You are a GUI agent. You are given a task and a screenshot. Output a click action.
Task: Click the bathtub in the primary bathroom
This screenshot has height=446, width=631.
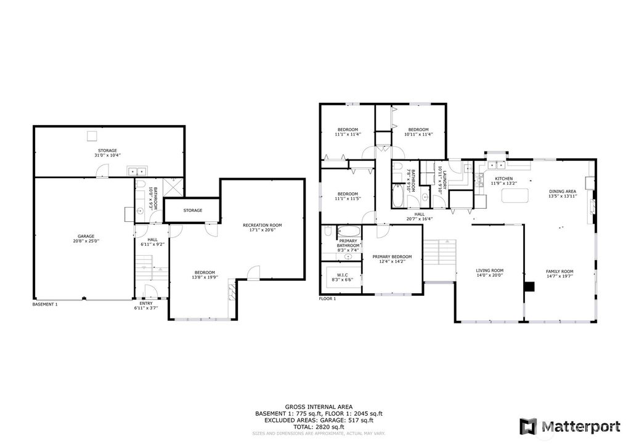point(349,232)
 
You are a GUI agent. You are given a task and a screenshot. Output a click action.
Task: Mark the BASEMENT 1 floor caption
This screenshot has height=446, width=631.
point(45,304)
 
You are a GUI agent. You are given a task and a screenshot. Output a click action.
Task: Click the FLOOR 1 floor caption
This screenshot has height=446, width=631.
point(327,299)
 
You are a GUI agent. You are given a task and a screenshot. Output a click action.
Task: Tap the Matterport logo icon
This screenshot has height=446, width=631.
point(528,426)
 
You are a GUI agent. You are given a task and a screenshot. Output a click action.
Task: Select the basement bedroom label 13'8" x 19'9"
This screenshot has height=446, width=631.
point(205,275)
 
